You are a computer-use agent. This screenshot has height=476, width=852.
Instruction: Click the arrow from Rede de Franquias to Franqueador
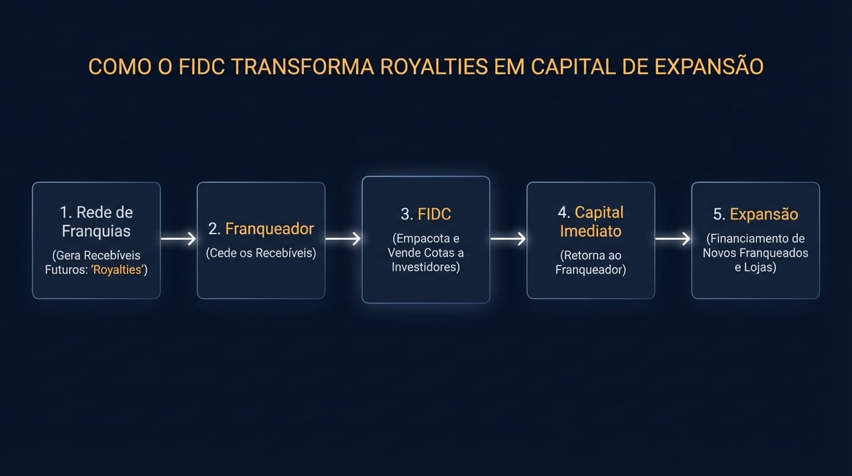[178, 239]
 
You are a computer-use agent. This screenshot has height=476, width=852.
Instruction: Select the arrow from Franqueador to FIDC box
[343, 239]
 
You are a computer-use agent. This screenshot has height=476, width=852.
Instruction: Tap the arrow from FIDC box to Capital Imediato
[508, 239]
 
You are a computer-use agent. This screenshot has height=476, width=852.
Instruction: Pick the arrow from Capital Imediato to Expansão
[672, 239]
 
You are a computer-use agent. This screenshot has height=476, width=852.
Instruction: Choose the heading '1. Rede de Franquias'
[96, 221]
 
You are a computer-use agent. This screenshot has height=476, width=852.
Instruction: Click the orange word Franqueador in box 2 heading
[269, 229]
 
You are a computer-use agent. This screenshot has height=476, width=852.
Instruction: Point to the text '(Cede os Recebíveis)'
[261, 253]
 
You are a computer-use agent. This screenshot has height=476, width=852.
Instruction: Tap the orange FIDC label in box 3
[434, 214]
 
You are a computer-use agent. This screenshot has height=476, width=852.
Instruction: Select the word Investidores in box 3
[425, 268]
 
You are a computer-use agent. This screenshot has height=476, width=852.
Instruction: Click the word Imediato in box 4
[590, 231]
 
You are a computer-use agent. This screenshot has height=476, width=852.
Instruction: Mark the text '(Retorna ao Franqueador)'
[590, 262]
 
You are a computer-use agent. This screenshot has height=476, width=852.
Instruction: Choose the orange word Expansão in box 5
[763, 214]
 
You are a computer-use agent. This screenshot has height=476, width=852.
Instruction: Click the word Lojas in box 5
[760, 268]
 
